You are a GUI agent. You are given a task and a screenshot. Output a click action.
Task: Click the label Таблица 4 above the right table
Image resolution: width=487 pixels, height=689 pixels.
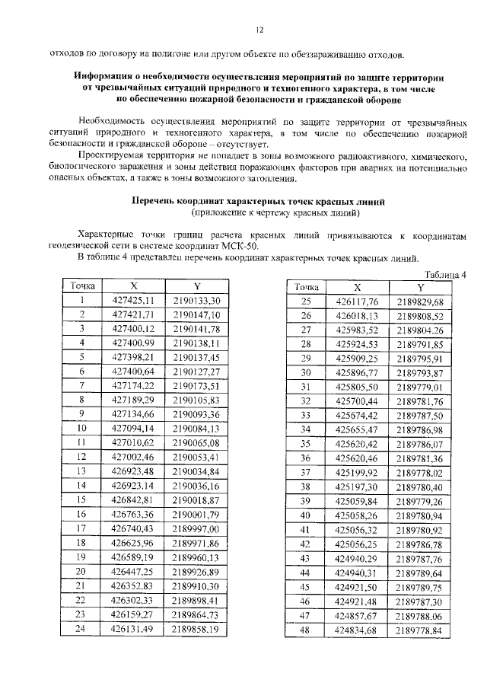445,275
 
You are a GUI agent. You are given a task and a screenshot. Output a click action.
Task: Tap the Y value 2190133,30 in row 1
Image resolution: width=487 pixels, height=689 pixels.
196,301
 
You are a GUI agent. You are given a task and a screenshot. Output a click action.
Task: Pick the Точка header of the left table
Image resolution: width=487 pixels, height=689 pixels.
82,286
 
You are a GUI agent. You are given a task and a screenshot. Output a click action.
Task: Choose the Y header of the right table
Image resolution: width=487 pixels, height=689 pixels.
419,288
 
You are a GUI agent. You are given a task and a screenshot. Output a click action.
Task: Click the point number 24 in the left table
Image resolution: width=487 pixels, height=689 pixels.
81,629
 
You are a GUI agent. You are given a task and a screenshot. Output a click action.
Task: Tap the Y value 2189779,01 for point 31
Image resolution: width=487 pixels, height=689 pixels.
419,387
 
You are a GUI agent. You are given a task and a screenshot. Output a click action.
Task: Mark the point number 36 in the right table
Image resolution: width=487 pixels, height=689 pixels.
306,458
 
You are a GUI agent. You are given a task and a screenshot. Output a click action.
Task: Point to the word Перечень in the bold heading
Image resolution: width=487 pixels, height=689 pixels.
154,201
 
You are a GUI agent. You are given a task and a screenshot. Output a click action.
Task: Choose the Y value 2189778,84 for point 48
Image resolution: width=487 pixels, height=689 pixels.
419,630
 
